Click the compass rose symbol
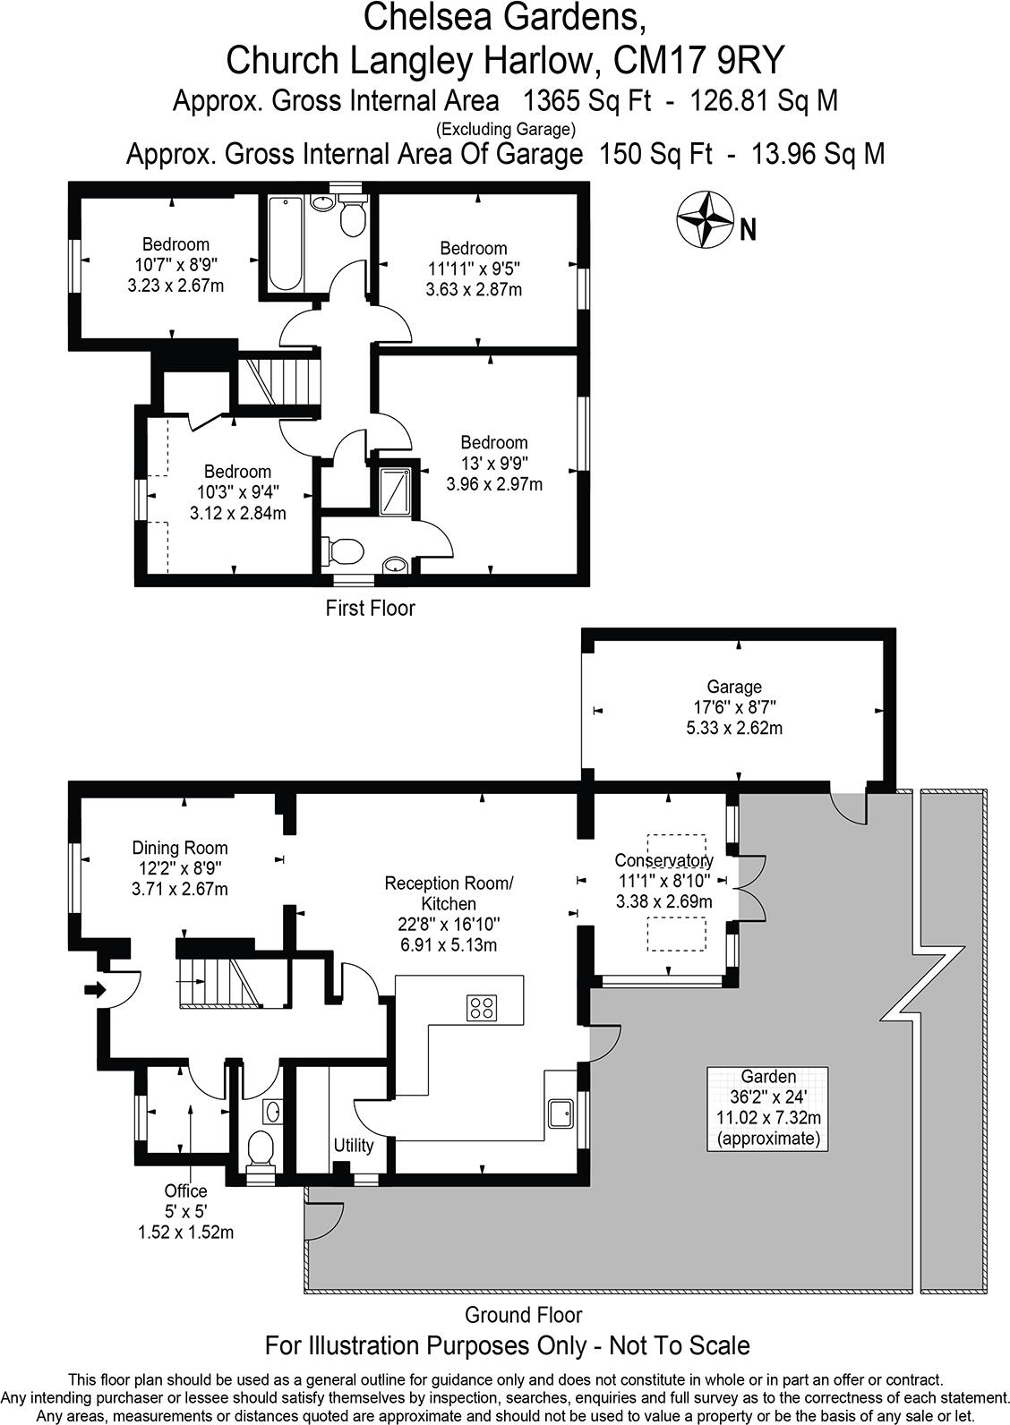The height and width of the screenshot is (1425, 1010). pos(705,220)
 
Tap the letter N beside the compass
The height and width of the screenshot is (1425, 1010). pos(749,231)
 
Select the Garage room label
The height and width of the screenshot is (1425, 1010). pos(734,687)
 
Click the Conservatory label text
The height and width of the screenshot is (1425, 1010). pos(663,861)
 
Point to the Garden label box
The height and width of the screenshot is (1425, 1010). pos(767,1108)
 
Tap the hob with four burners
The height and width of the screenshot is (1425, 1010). pos(482,1007)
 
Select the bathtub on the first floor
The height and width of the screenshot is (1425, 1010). pos(284,243)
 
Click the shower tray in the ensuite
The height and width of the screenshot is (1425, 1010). pos(394,491)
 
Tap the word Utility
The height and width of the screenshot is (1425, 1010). pos(353,1145)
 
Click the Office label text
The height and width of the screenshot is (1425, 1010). pos(185,1190)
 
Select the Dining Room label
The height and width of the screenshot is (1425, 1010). pos(180,848)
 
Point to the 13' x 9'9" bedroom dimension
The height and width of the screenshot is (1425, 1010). pos(494,464)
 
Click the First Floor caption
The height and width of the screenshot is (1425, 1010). pos(370,609)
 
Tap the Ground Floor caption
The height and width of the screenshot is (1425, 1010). pos(523,1315)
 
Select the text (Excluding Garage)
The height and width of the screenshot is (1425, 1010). pos(506,128)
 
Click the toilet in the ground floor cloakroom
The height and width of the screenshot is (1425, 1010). pos(261,1148)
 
